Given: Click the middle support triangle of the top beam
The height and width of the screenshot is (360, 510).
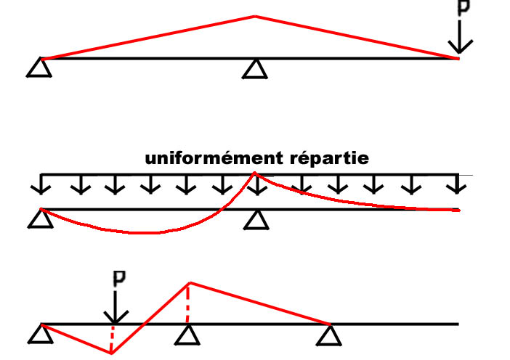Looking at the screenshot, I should (254, 69).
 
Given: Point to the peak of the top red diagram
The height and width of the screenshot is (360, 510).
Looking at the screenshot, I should (254, 16).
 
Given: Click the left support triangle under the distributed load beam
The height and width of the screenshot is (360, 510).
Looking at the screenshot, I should (39, 218).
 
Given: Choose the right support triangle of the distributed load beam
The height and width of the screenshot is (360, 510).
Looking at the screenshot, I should (254, 218).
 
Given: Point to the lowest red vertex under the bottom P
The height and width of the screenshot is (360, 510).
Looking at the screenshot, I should (111, 353).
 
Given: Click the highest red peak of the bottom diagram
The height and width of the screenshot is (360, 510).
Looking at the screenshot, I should (190, 282).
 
